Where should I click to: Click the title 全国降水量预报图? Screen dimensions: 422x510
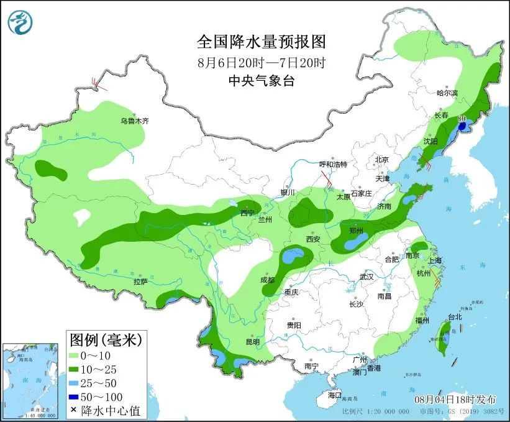[261, 42]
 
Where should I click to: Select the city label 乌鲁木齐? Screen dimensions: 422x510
[135, 121]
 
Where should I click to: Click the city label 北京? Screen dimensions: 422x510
[381, 160]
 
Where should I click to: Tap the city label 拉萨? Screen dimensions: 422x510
[140, 282]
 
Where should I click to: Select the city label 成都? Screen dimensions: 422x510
[268, 280]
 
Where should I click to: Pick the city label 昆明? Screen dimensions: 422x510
[252, 341]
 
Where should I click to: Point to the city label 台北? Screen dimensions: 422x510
[454, 316]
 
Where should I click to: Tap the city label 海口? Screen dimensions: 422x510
[335, 395]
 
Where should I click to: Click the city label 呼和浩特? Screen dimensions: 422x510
[333, 164]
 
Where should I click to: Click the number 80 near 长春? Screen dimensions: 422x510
[462, 118]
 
